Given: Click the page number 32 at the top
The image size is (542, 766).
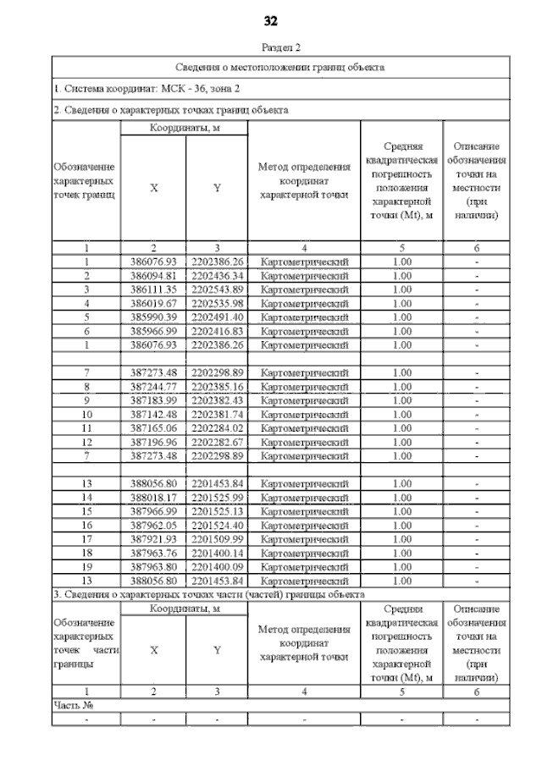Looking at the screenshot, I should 271,20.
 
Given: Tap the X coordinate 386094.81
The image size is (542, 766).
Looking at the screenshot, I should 153,275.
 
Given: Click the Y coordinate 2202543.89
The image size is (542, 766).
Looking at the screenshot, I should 217,289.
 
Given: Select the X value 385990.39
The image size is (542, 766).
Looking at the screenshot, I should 153,317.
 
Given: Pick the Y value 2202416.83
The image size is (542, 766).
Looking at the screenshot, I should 217,331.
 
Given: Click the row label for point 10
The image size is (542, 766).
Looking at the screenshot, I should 86,414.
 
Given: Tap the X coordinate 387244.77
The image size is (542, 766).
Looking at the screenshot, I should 153,386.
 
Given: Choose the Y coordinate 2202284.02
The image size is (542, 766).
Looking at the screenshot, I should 217,428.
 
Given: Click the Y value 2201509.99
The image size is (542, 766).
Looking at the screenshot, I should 217,539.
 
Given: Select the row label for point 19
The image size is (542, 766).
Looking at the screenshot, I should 86,567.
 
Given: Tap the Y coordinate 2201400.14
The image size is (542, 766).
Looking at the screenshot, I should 217,554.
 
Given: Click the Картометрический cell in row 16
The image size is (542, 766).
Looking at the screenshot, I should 304,526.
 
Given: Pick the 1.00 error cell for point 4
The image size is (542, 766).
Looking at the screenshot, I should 401,303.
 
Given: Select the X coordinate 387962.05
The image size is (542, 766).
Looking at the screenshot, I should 153,526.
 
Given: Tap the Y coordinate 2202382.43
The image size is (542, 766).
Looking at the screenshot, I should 217,400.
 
